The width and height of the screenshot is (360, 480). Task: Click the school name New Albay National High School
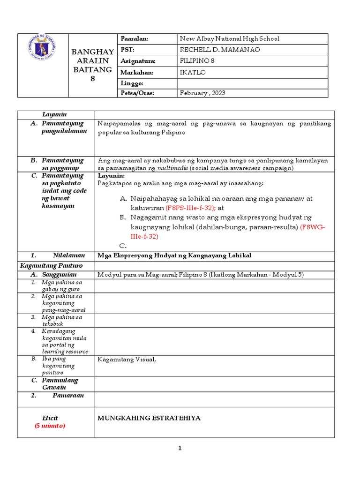tap(229, 39)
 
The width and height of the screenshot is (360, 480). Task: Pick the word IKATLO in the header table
tap(193, 72)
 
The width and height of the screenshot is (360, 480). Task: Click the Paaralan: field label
tap(135, 39)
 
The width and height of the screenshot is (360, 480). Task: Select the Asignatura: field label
tap(138, 61)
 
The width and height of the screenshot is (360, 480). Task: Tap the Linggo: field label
tap(132, 82)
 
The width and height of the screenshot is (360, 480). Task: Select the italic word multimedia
tap(172, 168)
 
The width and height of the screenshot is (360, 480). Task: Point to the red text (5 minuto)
tap(50, 426)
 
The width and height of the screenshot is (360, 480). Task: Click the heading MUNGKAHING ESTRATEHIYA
tap(149, 418)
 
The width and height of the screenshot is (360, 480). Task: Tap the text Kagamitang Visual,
tap(126, 360)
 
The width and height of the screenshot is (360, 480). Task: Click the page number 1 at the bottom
tap(180, 449)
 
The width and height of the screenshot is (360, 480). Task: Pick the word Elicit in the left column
tap(50, 418)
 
